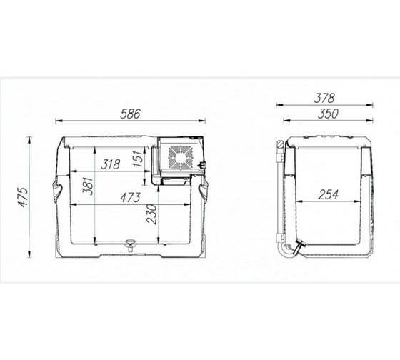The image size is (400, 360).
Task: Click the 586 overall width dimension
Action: [130, 114]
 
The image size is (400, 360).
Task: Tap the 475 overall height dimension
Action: [24, 197]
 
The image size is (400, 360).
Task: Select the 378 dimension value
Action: [324, 99]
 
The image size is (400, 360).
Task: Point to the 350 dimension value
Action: [328, 114]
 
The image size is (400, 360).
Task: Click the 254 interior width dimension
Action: [329, 195]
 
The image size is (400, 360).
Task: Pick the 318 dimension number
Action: [111, 164]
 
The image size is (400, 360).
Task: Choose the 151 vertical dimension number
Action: [137, 159]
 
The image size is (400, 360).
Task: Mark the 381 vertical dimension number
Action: [89, 186]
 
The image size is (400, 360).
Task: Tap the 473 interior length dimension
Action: [130, 197]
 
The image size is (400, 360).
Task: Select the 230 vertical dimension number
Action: [152, 214]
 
